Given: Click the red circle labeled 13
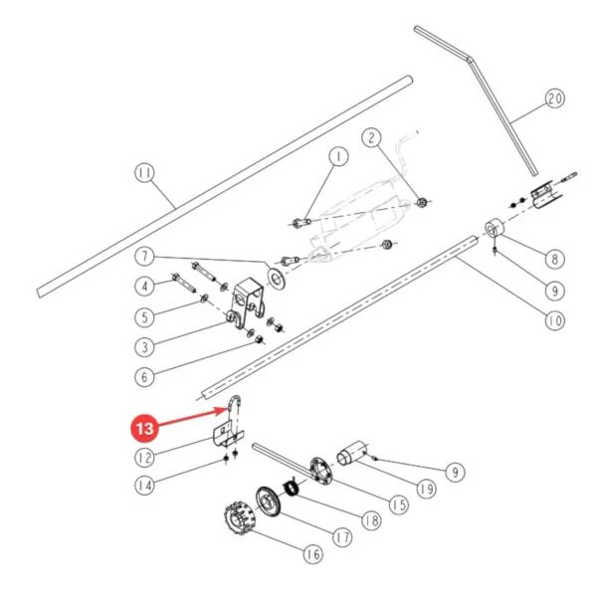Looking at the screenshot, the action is (144, 428).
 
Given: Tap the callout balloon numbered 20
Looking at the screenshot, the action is (554, 99).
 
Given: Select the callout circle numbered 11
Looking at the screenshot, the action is (144, 173).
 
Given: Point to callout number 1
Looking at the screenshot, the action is (338, 156).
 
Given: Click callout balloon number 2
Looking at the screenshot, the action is (372, 137).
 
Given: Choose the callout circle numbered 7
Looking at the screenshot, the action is (144, 257).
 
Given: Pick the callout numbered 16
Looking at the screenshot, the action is (313, 554).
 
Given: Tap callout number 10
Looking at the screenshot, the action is (554, 321).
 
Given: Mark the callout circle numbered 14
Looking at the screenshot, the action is (144, 486).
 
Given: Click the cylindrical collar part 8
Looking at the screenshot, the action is (495, 229).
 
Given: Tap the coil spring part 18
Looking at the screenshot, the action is (293, 488).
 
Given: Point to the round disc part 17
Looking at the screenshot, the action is (268, 500).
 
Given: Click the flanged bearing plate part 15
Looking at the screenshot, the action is (321, 471).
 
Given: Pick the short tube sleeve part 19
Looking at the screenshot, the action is (352, 453).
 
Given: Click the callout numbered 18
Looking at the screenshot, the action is (372, 520).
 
